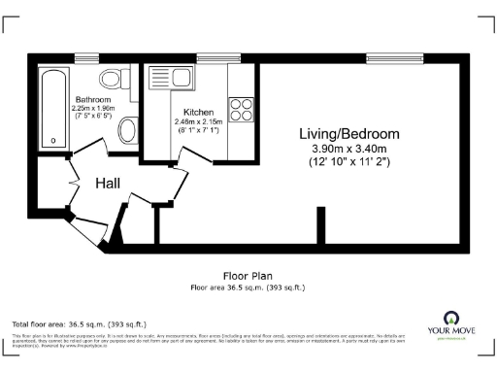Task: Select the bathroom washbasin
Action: [x=127, y=128]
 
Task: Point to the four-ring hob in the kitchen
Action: [x=240, y=107]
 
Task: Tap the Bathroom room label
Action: [x=93, y=100]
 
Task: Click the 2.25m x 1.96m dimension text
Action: [x=94, y=108]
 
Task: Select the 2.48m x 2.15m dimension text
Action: [x=198, y=122]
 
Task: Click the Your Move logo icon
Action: [x=450, y=318]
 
